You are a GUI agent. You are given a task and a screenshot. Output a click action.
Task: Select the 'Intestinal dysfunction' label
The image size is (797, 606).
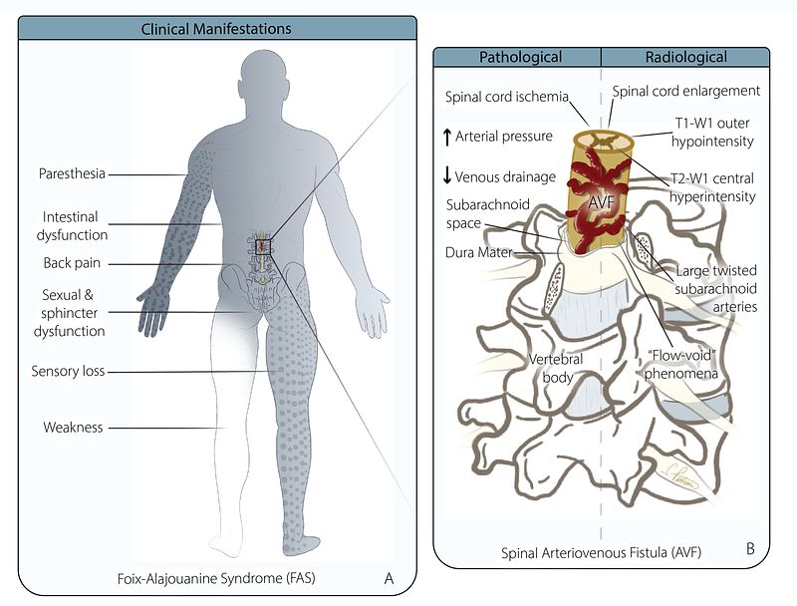pyautogui.click(x=76, y=225)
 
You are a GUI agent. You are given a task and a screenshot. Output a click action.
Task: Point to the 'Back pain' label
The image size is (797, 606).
pyautogui.click(x=73, y=263)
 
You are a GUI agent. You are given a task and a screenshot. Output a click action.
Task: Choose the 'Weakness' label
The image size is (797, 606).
pyautogui.click(x=72, y=428)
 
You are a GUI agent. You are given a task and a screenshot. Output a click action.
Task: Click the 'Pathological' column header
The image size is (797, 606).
pyautogui.click(x=520, y=58)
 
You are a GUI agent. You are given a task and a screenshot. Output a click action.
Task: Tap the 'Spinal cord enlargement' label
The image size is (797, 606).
pyautogui.click(x=685, y=91)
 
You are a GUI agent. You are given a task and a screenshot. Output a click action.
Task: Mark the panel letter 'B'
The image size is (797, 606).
pyautogui.click(x=749, y=547)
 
